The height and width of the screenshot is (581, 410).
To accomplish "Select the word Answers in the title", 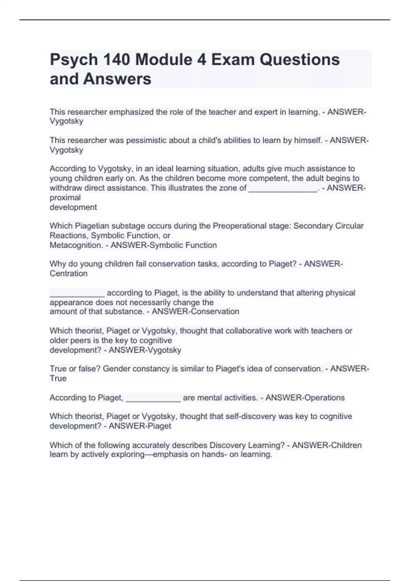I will point(117,79).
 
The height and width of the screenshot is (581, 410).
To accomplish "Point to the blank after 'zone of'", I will point(283,189).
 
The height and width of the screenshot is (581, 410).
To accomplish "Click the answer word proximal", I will point(65,198).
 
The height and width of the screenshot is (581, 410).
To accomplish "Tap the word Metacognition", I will point(76,245).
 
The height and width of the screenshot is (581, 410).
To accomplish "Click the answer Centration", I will point(69,273).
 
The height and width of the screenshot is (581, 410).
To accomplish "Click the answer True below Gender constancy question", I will point(58,378).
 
